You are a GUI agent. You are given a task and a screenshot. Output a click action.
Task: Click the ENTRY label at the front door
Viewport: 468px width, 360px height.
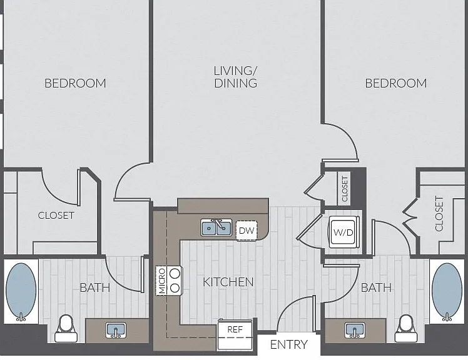(288, 344)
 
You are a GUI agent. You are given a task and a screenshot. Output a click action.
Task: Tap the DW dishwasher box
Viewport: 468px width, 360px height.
(247, 231)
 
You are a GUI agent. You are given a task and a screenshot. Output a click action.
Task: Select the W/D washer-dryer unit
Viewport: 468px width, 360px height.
(343, 232)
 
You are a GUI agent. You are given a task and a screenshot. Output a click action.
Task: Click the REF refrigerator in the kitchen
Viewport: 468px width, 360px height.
(235, 334)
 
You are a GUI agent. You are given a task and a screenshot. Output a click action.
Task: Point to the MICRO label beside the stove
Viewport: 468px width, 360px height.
(162, 281)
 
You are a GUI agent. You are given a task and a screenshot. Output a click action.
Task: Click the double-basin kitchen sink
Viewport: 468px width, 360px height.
(216, 227)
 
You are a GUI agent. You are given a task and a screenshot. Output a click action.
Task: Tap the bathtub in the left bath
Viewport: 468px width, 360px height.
(21, 291)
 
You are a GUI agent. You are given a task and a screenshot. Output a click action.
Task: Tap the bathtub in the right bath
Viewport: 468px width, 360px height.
(447, 291)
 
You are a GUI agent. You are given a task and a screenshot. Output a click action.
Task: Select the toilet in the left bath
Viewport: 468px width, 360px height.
(66, 329)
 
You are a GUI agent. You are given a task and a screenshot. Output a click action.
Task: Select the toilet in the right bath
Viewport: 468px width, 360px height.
(406, 329)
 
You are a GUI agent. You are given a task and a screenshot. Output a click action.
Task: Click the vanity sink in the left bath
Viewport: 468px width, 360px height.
(116, 330)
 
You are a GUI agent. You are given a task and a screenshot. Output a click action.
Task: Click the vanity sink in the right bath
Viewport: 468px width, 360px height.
(355, 330)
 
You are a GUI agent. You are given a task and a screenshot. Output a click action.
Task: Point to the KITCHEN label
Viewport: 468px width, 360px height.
(228, 282)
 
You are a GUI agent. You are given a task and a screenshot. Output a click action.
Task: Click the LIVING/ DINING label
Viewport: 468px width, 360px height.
(235, 77)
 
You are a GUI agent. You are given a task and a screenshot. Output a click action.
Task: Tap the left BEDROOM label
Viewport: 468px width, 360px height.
(75, 83)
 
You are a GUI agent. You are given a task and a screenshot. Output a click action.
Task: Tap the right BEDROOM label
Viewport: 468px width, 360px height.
(396, 83)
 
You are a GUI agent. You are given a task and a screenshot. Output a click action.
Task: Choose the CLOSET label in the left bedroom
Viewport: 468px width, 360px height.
(56, 216)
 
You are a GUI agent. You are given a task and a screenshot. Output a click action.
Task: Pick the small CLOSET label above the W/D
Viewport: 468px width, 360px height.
(345, 189)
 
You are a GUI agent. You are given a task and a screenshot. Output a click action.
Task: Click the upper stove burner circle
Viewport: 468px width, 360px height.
(175, 273)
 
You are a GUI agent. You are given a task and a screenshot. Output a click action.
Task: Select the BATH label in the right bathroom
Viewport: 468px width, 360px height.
(376, 287)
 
